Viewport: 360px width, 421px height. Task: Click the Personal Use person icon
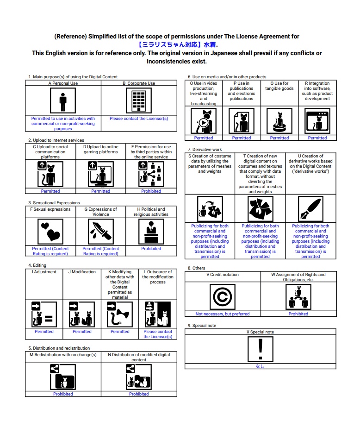point(63,101)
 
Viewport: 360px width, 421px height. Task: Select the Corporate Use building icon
point(139,101)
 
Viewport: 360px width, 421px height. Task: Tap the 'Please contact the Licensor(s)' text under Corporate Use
point(139,119)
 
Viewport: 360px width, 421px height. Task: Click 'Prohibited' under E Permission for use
point(151,191)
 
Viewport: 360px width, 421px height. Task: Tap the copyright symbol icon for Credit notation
point(223,296)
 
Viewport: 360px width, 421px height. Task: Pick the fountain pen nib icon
point(310,209)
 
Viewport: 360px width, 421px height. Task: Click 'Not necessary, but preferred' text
point(223,314)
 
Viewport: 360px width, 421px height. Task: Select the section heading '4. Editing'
point(37,265)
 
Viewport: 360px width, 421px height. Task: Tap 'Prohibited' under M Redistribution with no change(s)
point(63,394)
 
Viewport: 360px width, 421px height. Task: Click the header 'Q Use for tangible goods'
point(279,86)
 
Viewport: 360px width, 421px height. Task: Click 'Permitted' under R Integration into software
point(317,138)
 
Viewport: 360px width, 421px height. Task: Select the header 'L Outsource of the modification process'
point(158,277)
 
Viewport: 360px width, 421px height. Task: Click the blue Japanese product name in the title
point(177,45)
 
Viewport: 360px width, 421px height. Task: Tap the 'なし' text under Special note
point(261,366)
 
